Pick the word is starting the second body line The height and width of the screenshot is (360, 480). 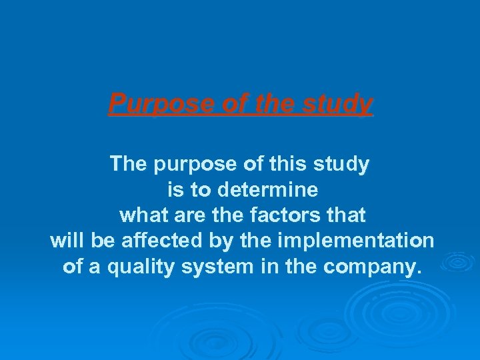tap(175, 190)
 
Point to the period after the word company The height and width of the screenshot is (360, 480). tap(419, 272)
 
